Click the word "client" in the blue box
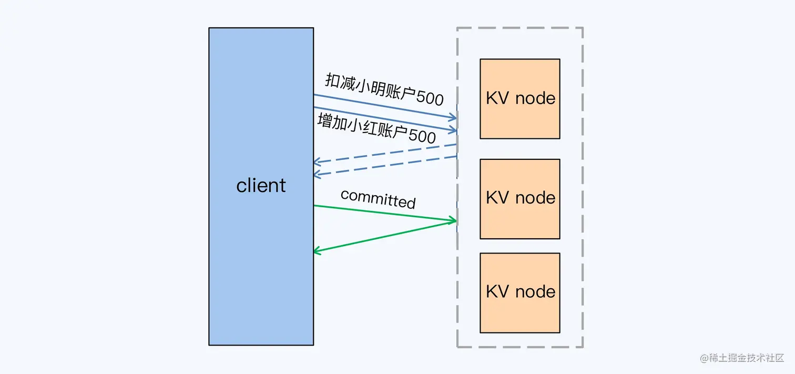[261, 186]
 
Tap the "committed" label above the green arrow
[378, 199]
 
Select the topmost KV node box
[519, 99]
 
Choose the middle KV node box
[519, 199]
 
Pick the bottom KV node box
[519, 293]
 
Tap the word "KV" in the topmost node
[497, 98]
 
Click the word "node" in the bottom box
[535, 292]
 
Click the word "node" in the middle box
[535, 198]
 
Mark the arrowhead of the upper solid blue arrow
[453, 117]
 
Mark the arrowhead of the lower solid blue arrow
[453, 129]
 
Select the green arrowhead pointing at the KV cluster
[452, 221]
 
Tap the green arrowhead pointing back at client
[318, 251]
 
